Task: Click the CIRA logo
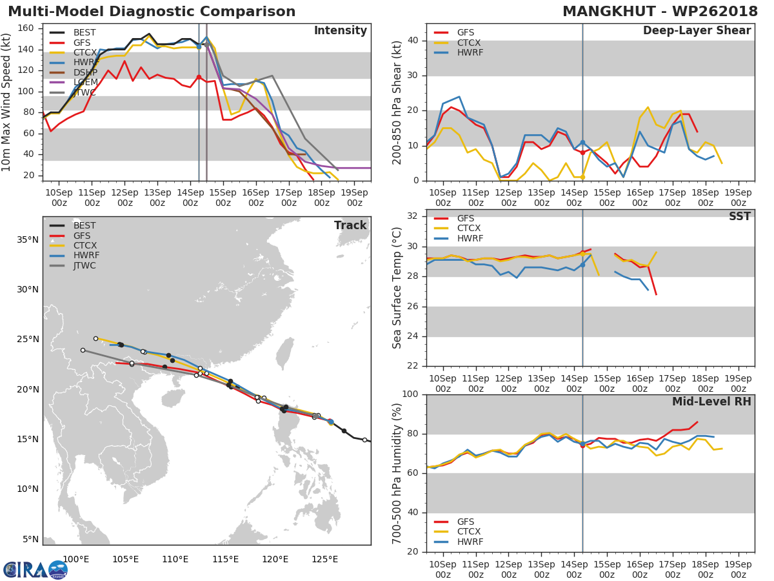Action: (x=35, y=570)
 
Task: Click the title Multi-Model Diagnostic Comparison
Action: (x=152, y=12)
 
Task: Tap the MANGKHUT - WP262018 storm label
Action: (x=660, y=12)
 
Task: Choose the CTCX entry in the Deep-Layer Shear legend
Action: (x=457, y=43)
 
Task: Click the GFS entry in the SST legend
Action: (x=454, y=218)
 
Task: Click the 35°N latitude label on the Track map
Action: (x=28, y=240)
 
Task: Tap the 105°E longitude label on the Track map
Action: (x=125, y=559)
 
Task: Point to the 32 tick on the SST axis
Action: (x=413, y=216)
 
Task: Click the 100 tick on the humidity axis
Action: (x=410, y=394)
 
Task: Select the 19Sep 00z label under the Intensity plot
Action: (x=354, y=198)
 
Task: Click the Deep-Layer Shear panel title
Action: (x=697, y=30)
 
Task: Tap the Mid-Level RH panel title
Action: (x=711, y=402)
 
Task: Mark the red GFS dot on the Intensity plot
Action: (x=199, y=77)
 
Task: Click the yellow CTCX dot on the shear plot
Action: (x=582, y=177)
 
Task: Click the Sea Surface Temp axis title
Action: (x=397, y=288)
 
